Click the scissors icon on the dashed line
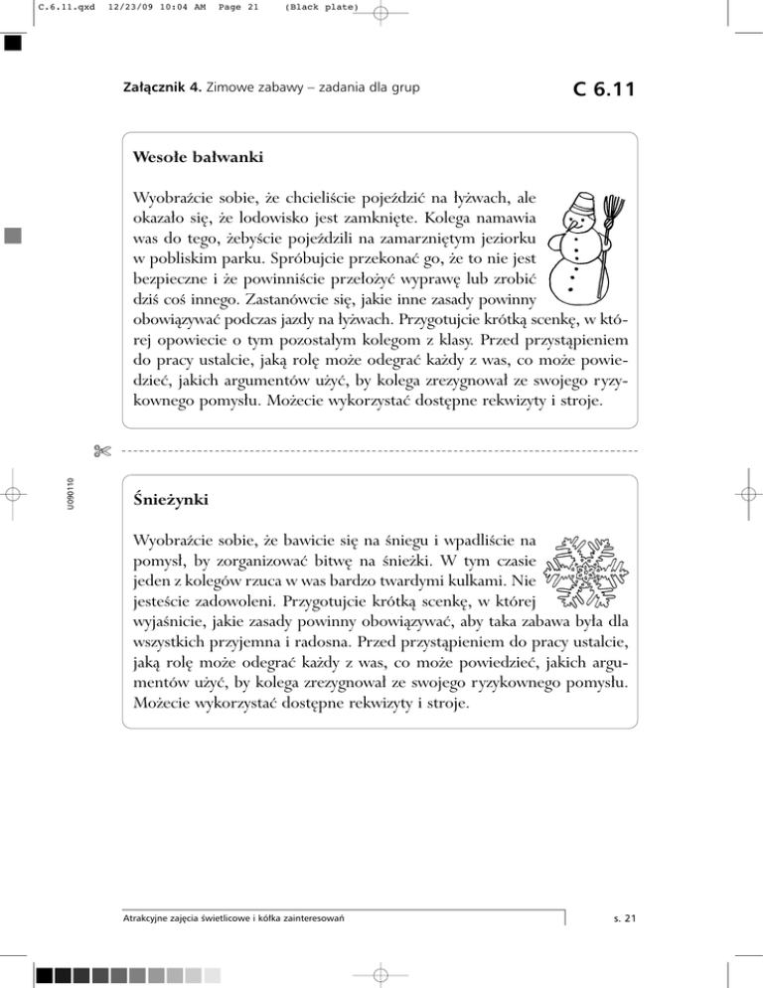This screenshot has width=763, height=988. click(x=102, y=451)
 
